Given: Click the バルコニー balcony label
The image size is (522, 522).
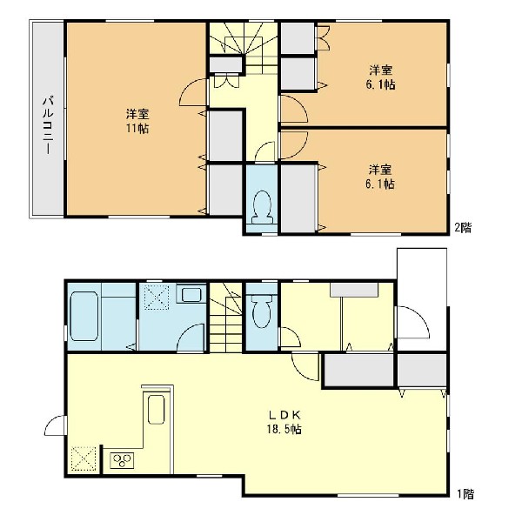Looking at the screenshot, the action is point(49,125).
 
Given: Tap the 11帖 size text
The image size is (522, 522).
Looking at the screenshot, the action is point(137,128).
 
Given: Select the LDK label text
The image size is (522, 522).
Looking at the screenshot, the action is point(285,415).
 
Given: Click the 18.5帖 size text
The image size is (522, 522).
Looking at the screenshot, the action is point(284,429).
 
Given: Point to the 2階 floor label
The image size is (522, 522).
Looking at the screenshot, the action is point(463,228).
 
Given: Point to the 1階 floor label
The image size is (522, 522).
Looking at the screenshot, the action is point(465,494).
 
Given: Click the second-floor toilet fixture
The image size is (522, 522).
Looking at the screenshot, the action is point(263,207).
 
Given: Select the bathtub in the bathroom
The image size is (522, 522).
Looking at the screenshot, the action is point(84,317).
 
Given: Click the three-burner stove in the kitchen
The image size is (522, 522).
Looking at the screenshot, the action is point(122,461).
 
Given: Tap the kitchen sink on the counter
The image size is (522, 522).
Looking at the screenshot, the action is point(156,410).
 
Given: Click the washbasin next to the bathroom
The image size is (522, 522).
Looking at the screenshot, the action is point(191,295).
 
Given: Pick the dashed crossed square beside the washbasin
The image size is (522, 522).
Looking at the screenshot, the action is point(157,298).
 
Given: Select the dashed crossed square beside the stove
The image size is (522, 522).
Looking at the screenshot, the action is point(84,458).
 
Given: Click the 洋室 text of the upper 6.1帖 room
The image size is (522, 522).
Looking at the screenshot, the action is point(380,70).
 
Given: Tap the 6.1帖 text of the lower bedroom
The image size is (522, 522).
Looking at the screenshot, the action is point(380,184).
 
